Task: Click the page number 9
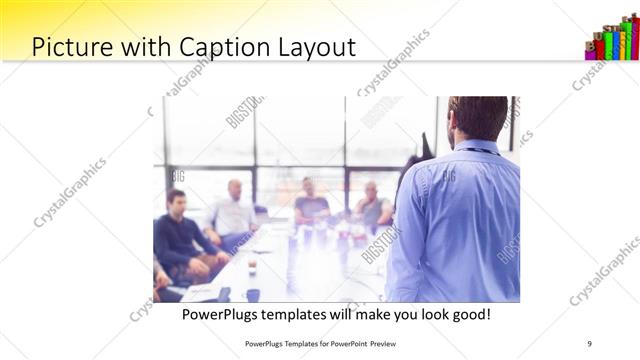tap(589, 343)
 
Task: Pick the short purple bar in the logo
tap(590, 52)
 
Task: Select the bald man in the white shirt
tap(233, 210)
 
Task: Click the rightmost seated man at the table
tap(373, 206)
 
